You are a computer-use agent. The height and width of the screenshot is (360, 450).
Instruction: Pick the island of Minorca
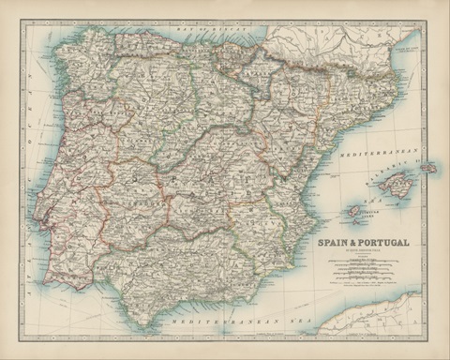(427, 168)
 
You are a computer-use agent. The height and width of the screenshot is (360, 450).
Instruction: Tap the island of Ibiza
(356, 212)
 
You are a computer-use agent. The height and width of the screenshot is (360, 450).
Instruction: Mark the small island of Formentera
(360, 223)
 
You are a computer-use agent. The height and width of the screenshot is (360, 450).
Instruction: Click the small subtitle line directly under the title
(361, 250)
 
